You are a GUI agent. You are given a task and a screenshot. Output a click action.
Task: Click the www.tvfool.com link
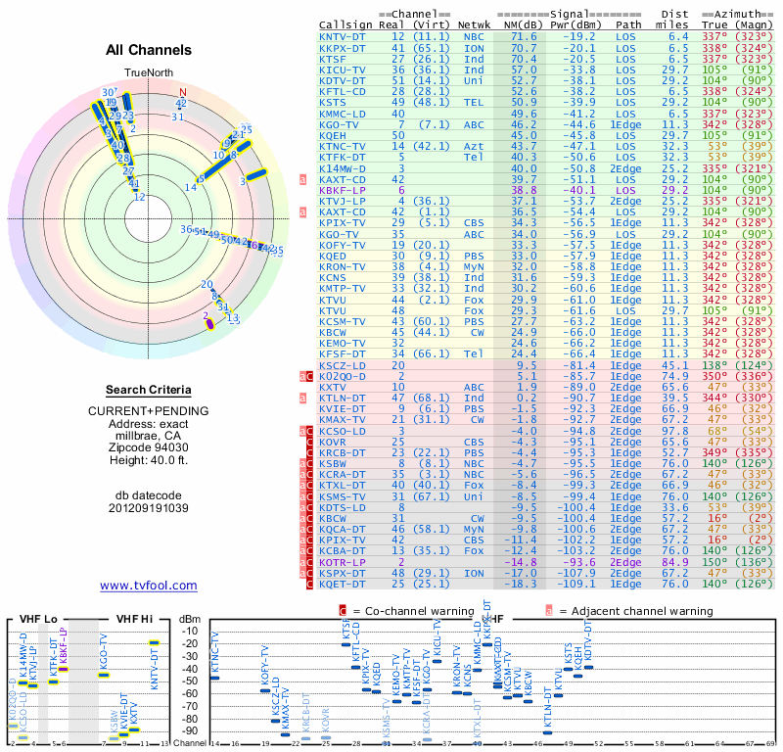149,586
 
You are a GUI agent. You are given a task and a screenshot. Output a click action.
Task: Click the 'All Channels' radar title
149,50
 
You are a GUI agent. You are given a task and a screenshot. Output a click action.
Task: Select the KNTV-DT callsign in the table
343,37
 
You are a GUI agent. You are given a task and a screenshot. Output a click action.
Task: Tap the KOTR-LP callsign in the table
343,563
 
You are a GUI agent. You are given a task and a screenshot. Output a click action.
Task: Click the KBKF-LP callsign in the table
343,190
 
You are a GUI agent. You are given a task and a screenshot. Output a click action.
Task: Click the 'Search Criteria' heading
149,390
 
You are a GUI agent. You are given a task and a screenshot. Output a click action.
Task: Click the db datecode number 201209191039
149,508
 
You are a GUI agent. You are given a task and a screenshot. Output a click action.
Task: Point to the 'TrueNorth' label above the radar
148,71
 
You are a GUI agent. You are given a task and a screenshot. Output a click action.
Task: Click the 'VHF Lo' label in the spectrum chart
38,619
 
